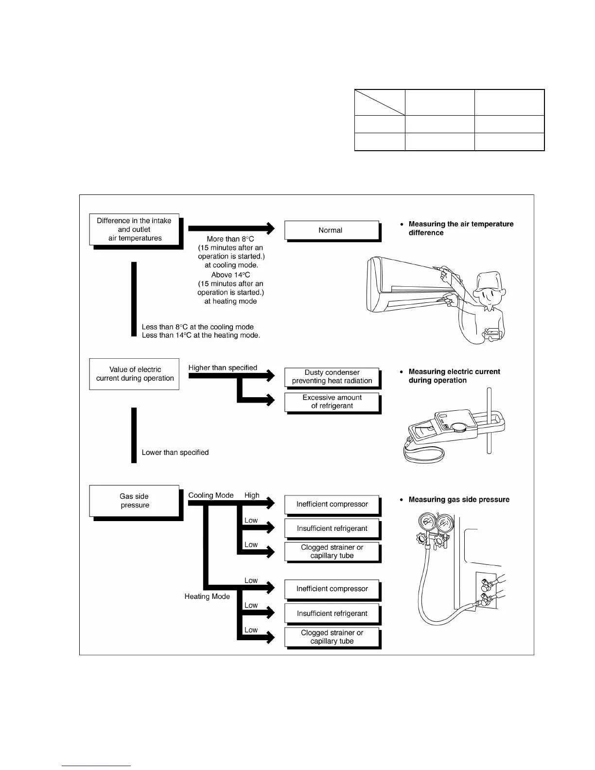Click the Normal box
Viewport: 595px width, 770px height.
331,230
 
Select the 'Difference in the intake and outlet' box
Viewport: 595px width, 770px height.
134,229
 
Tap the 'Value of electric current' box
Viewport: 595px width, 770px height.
134,374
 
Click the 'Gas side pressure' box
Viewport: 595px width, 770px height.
134,501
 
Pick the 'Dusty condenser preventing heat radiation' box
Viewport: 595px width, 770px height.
332,377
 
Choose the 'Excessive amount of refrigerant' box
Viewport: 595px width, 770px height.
332,402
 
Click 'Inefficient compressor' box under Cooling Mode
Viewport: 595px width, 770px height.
332,504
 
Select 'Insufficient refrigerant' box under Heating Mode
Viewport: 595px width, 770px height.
332,613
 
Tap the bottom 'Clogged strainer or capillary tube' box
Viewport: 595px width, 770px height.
332,637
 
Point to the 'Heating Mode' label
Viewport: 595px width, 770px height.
207,596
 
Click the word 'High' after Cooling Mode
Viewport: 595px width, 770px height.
252,495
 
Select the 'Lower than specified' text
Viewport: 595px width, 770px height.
175,453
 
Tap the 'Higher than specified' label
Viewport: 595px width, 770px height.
223,368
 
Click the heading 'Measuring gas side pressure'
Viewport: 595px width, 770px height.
459,500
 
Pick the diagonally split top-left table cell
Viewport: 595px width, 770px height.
380,102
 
